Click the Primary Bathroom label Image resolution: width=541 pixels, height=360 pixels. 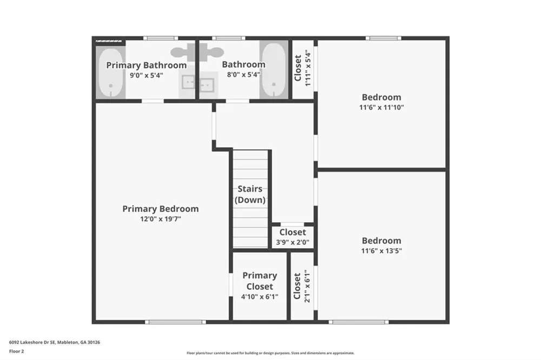(x=146, y=65)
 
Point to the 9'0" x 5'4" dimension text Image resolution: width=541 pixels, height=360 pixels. (x=146, y=75)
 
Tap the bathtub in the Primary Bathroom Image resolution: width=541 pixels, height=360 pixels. (x=111, y=73)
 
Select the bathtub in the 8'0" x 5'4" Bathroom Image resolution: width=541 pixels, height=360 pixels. (x=274, y=70)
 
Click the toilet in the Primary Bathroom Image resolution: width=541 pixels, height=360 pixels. (x=183, y=52)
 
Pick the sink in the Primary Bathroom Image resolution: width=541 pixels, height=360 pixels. (x=188, y=83)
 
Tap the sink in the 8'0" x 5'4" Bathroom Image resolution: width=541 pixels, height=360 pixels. (x=207, y=84)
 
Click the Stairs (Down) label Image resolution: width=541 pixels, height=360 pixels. (x=250, y=194)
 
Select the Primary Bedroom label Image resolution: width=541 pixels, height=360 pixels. (x=161, y=209)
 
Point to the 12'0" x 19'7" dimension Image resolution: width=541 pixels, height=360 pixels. (x=161, y=219)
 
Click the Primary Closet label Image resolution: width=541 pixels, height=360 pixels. (x=260, y=281)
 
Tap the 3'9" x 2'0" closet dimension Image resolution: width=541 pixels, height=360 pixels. (x=293, y=242)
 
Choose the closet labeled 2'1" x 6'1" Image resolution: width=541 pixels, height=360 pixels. (x=301, y=286)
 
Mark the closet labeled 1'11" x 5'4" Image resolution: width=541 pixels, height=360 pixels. (x=302, y=69)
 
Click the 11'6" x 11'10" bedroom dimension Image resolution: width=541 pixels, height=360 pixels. (x=381, y=107)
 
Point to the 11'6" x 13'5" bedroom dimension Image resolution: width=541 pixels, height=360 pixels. (x=381, y=251)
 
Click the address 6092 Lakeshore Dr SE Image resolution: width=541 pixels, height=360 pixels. (x=32, y=342)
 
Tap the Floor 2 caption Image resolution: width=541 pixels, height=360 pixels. (x=16, y=351)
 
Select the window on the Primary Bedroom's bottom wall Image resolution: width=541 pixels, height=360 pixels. (x=175, y=322)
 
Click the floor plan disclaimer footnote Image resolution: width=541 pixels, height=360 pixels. (x=270, y=353)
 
